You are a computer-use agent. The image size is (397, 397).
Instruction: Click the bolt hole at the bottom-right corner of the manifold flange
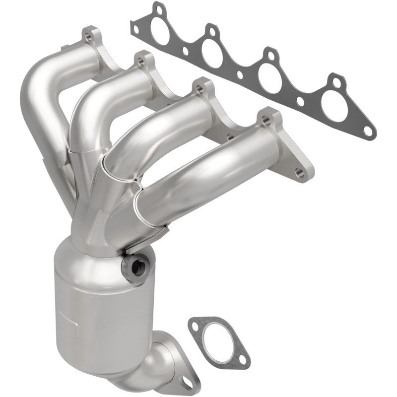click(x=298, y=172)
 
